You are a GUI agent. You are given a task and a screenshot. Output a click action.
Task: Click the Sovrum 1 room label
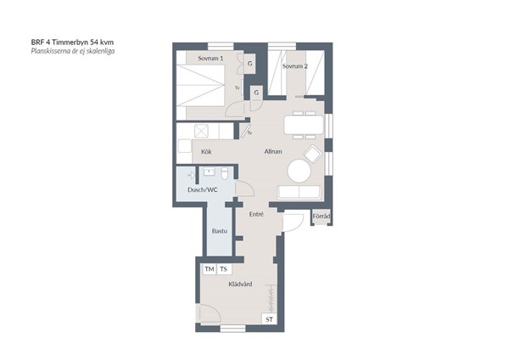(x=210, y=59)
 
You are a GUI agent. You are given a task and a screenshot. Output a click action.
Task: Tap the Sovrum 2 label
(x=294, y=66)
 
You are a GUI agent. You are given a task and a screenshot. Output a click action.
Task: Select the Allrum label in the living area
(x=273, y=151)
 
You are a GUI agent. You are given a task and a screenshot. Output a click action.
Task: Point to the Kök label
(x=206, y=152)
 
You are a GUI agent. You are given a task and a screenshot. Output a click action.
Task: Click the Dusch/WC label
(x=203, y=189)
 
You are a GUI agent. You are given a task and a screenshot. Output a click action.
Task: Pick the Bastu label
(x=220, y=231)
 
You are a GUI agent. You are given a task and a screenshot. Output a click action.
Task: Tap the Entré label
(x=256, y=214)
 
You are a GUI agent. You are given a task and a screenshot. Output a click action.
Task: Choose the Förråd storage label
(x=322, y=216)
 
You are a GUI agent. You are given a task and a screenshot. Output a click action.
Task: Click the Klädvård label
(x=240, y=284)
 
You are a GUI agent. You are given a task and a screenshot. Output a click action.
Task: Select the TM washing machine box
(x=210, y=269)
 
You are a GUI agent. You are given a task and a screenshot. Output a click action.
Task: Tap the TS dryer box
(x=224, y=269)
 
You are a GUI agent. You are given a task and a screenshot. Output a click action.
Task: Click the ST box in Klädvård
(x=270, y=319)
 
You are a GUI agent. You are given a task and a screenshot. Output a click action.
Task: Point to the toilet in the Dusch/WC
(x=224, y=173)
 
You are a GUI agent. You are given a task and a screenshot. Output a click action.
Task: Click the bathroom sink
(x=209, y=172)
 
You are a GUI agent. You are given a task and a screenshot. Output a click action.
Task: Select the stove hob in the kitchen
(x=202, y=132)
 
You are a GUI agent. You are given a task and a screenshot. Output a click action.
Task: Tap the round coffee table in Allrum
(x=299, y=171)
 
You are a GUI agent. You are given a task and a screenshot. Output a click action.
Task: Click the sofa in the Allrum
(x=299, y=193)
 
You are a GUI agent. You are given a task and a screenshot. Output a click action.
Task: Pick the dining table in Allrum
(x=304, y=125)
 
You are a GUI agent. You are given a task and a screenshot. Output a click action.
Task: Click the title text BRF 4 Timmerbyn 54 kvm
(x=72, y=42)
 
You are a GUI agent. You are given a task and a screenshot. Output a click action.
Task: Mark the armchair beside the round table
(x=312, y=154)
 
